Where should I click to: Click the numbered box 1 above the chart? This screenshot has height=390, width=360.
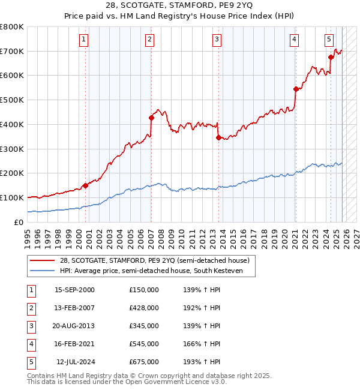[83, 40]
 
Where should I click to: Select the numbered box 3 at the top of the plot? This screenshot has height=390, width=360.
[217, 40]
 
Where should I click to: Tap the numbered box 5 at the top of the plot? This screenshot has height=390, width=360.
[329, 40]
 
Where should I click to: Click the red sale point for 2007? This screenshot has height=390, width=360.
[151, 118]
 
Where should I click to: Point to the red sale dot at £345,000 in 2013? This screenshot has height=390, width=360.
[218, 137]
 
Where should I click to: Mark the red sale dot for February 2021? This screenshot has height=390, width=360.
[296, 89]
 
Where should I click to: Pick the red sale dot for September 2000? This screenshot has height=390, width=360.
[85, 185]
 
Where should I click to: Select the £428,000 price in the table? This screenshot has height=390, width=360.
[144, 307]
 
